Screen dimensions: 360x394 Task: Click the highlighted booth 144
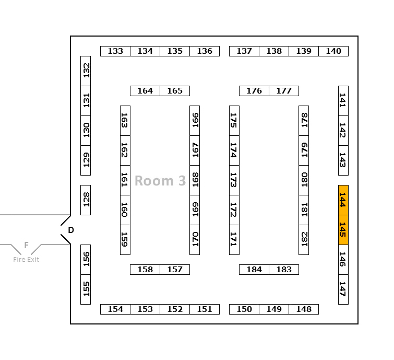pos(343,200)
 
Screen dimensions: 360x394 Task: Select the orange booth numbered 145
pos(343,229)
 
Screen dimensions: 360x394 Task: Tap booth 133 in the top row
pos(115,51)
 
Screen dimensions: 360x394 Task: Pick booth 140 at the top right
pos(333,51)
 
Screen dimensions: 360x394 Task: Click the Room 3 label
pos(160,181)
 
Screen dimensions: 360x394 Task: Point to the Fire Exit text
pos(26,260)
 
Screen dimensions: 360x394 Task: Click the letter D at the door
pos(71,230)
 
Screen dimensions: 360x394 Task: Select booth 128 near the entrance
pos(86,200)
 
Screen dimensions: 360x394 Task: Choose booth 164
pos(145,91)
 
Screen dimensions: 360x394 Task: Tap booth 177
pos(284,91)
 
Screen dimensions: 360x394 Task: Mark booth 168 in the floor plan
pos(195,180)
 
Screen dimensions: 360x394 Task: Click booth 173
pos(234,180)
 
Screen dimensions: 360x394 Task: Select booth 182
pos(304,239)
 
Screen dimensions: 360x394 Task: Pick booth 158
pos(145,270)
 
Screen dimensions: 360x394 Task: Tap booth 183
pos(284,270)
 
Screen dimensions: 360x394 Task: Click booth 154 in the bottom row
pos(115,309)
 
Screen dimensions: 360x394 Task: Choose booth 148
pos(304,309)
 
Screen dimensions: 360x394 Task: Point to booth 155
pos(86,289)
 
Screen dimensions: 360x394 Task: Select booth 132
pos(86,71)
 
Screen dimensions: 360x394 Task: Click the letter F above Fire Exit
pos(26,246)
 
